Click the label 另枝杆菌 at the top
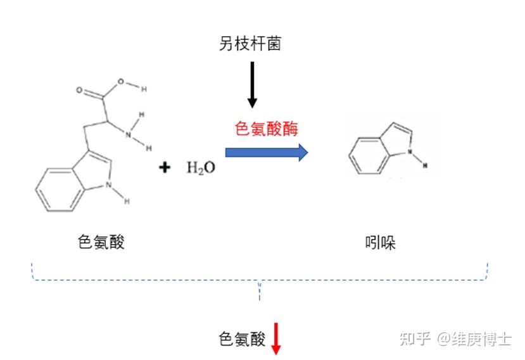tap(251, 43)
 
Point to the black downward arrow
tap(252, 85)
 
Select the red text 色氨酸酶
tap(266, 128)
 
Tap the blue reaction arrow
tap(267, 152)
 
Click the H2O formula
tap(201, 167)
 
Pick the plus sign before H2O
tap(165, 167)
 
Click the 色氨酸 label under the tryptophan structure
tap(101, 241)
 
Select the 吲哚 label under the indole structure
tap(381, 243)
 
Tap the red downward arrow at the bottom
tap(275, 339)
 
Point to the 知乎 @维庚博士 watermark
tap(455, 339)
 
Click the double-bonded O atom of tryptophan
tap(80, 90)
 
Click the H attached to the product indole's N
tap(425, 165)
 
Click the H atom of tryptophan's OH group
tap(144, 89)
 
